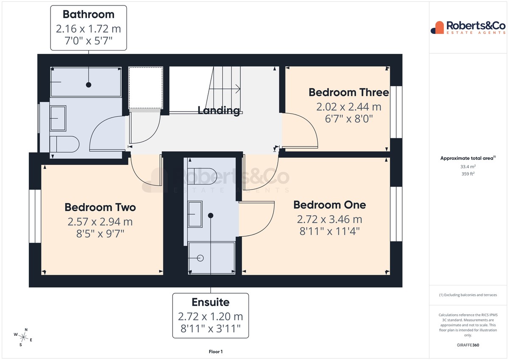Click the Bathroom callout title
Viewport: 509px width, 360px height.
[88, 14]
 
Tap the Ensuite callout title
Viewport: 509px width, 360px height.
[210, 302]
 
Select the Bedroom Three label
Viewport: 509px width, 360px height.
[349, 92]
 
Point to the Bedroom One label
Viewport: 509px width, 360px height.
[330, 205]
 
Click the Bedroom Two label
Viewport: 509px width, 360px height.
[100, 207]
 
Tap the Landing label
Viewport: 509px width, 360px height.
[218, 111]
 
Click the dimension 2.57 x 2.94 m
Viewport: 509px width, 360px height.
[100, 222]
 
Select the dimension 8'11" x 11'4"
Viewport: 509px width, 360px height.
[330, 232]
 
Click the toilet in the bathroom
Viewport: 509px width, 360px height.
[64, 144]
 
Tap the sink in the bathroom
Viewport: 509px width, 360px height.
[58, 118]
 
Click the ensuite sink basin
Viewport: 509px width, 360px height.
[195, 214]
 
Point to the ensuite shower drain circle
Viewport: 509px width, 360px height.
[200, 258]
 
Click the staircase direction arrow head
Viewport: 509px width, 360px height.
[238, 89]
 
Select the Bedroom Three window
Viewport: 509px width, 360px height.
[396, 112]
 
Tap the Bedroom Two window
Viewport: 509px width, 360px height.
[35, 216]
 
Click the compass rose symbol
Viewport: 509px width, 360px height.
[23, 338]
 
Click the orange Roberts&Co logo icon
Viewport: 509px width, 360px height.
[437, 28]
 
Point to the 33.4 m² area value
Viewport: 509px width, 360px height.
[468, 167]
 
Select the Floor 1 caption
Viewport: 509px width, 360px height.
[215, 352]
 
